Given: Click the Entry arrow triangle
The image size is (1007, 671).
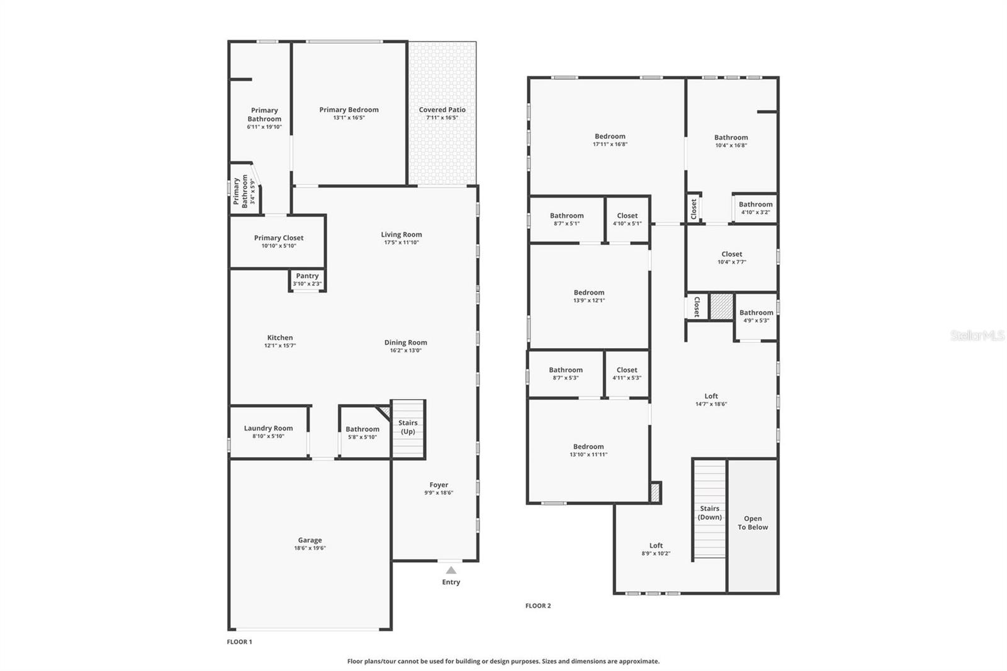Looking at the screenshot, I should pyautogui.click(x=451, y=570).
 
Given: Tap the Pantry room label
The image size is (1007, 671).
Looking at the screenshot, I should pyautogui.click(x=307, y=276).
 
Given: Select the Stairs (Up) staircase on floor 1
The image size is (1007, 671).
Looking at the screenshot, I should pyautogui.click(x=408, y=429).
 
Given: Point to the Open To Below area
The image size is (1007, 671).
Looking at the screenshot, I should pyautogui.click(x=753, y=523).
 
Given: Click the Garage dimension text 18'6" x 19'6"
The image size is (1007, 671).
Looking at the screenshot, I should pyautogui.click(x=310, y=548).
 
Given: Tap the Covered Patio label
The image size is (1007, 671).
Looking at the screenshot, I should pyautogui.click(x=442, y=110).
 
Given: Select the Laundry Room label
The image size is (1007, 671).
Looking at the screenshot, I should pyautogui.click(x=268, y=428).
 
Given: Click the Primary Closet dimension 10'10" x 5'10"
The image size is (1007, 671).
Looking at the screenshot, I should pyautogui.click(x=278, y=246).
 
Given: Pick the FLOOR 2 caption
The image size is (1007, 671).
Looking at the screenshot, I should pyautogui.click(x=538, y=606).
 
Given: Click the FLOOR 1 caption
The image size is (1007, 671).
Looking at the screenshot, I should pyautogui.click(x=239, y=642).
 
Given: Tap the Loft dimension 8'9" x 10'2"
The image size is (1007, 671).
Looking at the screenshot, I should pyautogui.click(x=656, y=554).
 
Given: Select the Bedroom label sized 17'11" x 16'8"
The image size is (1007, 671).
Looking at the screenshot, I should pyautogui.click(x=610, y=136).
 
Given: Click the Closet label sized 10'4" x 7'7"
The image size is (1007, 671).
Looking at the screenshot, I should pyautogui.click(x=731, y=254).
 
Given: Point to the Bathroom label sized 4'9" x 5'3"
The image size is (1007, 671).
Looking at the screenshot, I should pyautogui.click(x=756, y=312).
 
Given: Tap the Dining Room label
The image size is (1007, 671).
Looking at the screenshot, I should pyautogui.click(x=405, y=342).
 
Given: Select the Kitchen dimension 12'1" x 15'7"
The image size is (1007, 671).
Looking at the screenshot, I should pyautogui.click(x=280, y=346).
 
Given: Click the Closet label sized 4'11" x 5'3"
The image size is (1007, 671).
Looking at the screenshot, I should pyautogui.click(x=627, y=370).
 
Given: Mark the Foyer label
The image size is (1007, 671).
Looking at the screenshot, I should pyautogui.click(x=439, y=485).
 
